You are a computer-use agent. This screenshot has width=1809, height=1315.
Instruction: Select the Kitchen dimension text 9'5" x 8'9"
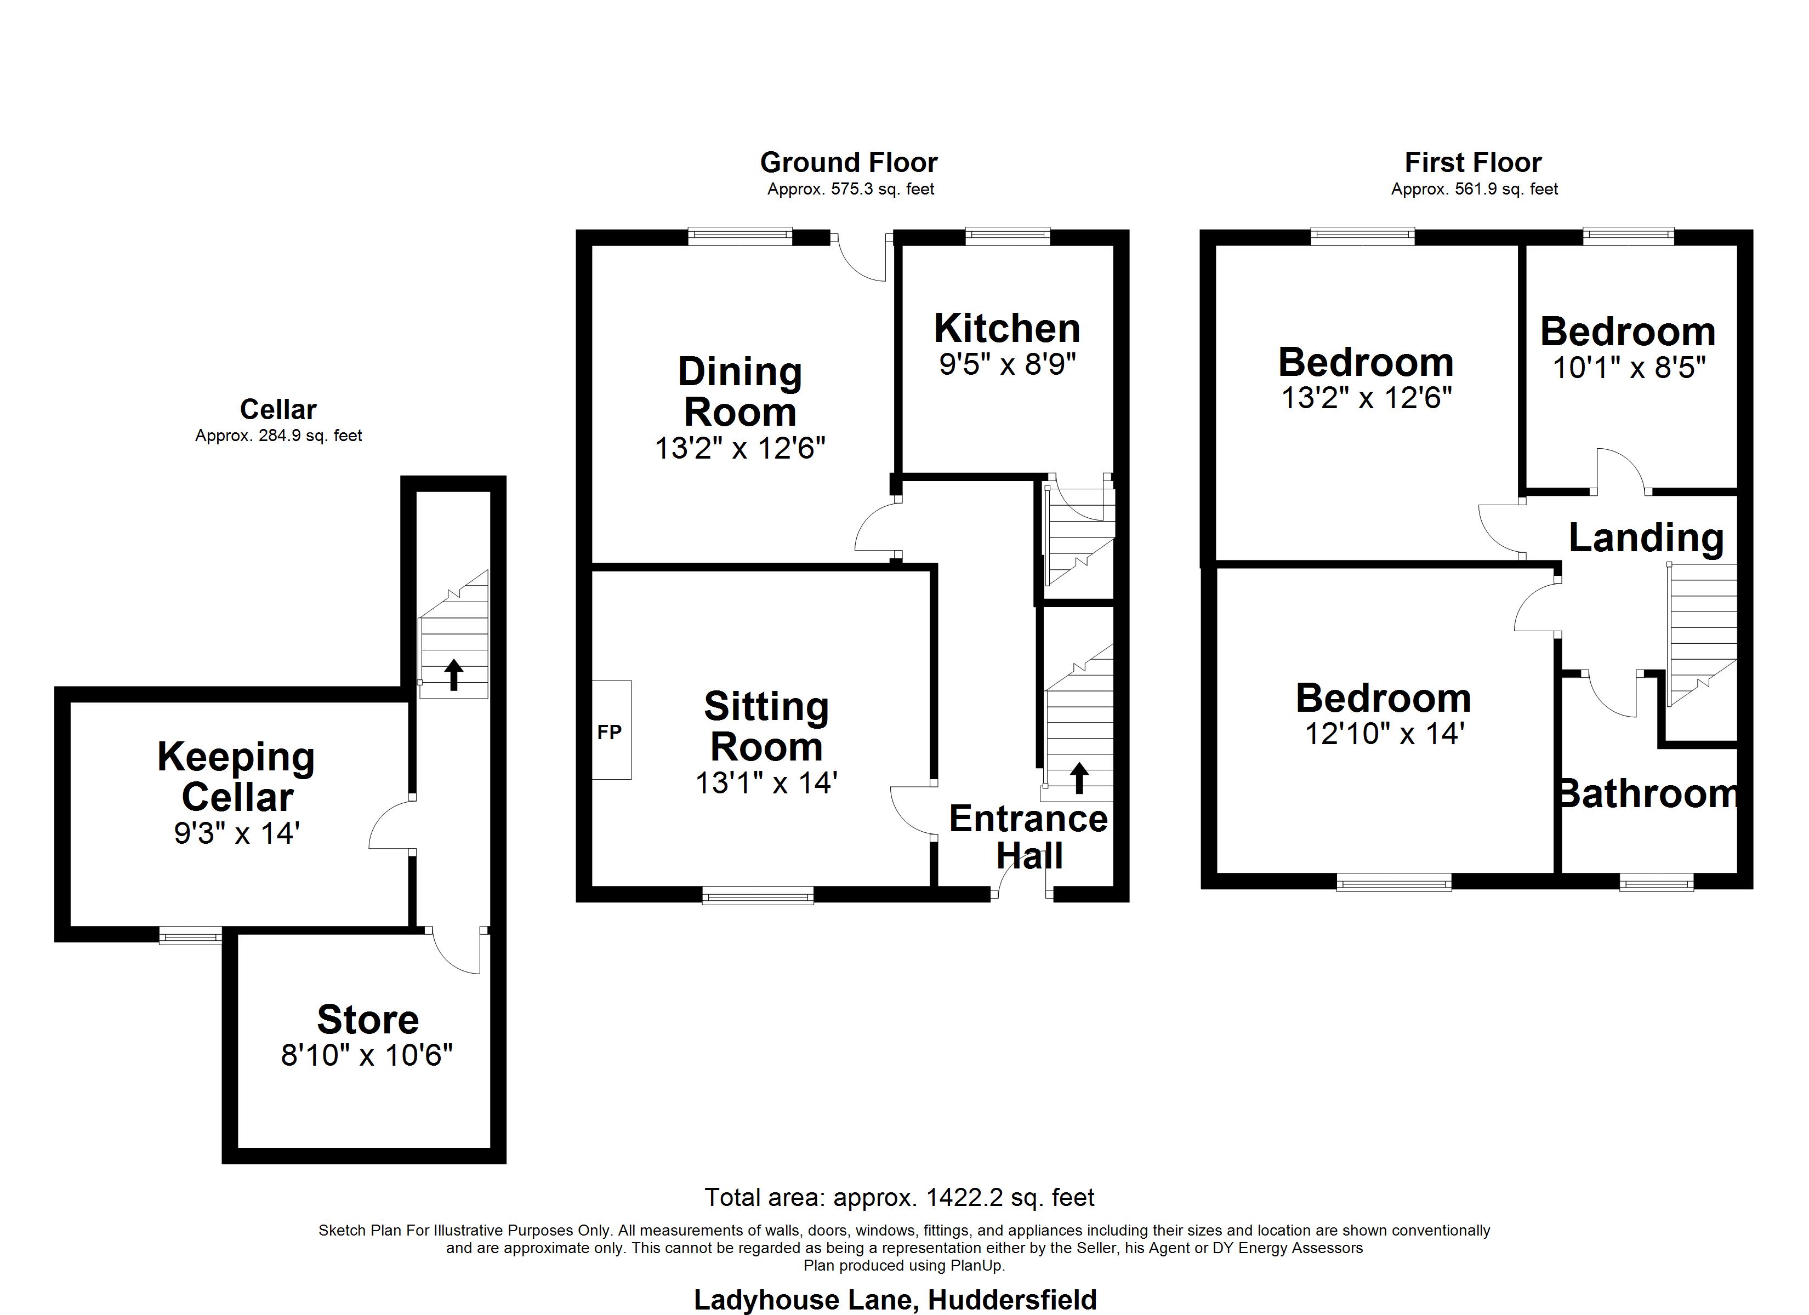point(1008,364)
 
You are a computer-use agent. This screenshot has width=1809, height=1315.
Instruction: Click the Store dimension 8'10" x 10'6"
point(367,1055)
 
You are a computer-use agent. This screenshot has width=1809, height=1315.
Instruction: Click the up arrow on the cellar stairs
point(454,674)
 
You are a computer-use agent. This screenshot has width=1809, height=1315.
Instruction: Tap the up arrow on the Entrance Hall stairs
point(1079,777)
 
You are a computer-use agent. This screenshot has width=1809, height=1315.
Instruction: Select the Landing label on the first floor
point(1646,538)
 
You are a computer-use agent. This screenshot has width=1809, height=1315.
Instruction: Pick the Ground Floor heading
point(849,163)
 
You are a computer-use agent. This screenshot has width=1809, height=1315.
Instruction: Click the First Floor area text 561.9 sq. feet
point(1475,189)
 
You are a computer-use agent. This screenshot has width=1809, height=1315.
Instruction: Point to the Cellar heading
point(278,409)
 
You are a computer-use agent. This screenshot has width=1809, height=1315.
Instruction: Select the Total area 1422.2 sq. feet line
point(900,1197)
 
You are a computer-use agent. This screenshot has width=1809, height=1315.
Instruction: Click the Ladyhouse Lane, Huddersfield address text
point(895,1300)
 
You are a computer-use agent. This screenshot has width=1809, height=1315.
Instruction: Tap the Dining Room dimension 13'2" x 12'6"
point(740,448)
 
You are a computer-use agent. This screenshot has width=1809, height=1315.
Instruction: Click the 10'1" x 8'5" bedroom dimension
point(1630,368)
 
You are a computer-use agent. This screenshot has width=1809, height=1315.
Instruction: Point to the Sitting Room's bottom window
point(758,897)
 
